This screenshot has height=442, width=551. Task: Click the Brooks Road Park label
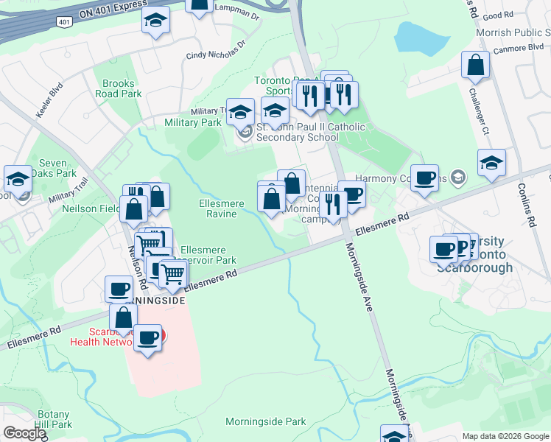pos(118,89)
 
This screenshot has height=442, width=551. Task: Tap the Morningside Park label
pos(265,422)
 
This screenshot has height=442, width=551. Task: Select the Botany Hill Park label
pos(53,419)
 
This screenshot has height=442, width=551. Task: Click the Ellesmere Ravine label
pos(218,208)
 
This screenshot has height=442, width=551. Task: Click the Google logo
pos(24,434)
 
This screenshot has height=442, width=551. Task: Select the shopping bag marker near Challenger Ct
pos(475,66)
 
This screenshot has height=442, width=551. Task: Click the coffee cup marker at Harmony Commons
pos(424,178)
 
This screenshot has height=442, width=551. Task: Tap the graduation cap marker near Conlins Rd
pos(491,164)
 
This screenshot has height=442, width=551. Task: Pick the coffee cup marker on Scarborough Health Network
pos(148,339)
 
